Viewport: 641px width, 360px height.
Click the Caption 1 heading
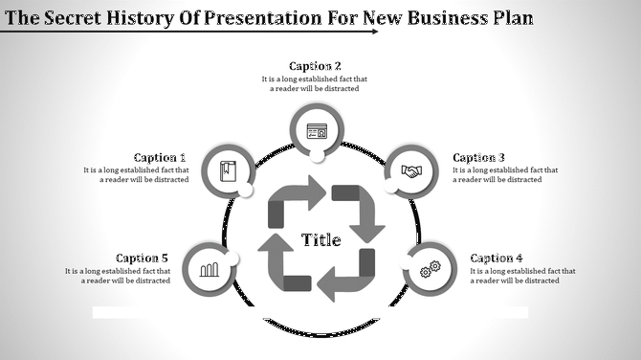(x=160, y=158)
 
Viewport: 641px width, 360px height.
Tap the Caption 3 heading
(x=478, y=158)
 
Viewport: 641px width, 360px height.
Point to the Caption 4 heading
(x=497, y=258)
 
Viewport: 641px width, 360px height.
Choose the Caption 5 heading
(x=142, y=258)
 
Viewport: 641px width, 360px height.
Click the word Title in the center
(x=321, y=239)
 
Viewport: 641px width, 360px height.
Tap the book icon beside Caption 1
(x=227, y=172)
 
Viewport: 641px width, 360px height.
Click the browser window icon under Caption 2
(x=317, y=131)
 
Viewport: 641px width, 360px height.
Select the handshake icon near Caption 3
(x=411, y=172)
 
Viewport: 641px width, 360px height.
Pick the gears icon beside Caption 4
(x=430, y=268)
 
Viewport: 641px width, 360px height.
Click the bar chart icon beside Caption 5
(x=209, y=269)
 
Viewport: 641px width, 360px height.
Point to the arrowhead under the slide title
(x=372, y=31)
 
